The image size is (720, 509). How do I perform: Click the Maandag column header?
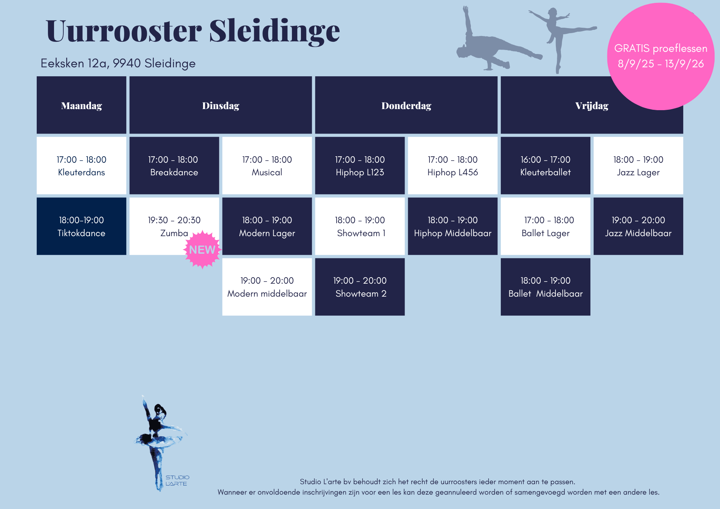coord(81,105)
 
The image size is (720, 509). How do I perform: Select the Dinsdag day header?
coord(221,105)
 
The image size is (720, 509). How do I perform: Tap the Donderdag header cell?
coord(406,105)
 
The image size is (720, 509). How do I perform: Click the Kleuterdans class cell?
coord(81,166)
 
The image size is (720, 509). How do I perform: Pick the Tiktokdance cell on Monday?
coord(81,226)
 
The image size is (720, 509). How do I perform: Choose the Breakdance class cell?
coord(174,166)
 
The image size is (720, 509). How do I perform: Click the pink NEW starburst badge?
coord(202,249)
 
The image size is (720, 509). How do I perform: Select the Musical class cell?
coord(267,166)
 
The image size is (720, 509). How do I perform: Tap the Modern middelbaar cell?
coord(267,287)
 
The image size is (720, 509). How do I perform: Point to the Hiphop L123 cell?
coord(360,166)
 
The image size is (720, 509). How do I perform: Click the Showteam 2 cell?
coord(360,287)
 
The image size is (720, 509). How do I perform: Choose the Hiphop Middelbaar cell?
coord(453,226)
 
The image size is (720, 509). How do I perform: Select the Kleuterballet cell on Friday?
coord(545,166)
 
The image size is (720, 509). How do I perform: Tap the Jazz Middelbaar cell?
coord(638,226)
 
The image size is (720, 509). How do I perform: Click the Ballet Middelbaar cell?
coord(545,287)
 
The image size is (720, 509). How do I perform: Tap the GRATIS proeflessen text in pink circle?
coord(661,48)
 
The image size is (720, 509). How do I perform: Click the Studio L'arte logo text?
coord(177,481)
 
